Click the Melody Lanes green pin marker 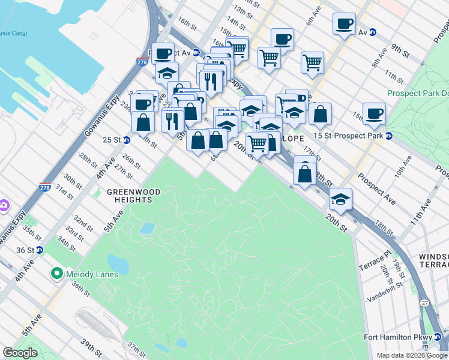pyautogui.click(x=57, y=274)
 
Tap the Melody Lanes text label pyautogui.click(x=92, y=274)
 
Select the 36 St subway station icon pyautogui.click(x=40, y=250)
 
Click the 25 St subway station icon pyautogui.click(x=127, y=140)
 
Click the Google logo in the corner pyautogui.click(x=20, y=353)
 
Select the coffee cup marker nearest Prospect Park pyautogui.click(x=374, y=113)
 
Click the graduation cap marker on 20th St pyautogui.click(x=341, y=199)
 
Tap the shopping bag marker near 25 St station pyautogui.click(x=143, y=122)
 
